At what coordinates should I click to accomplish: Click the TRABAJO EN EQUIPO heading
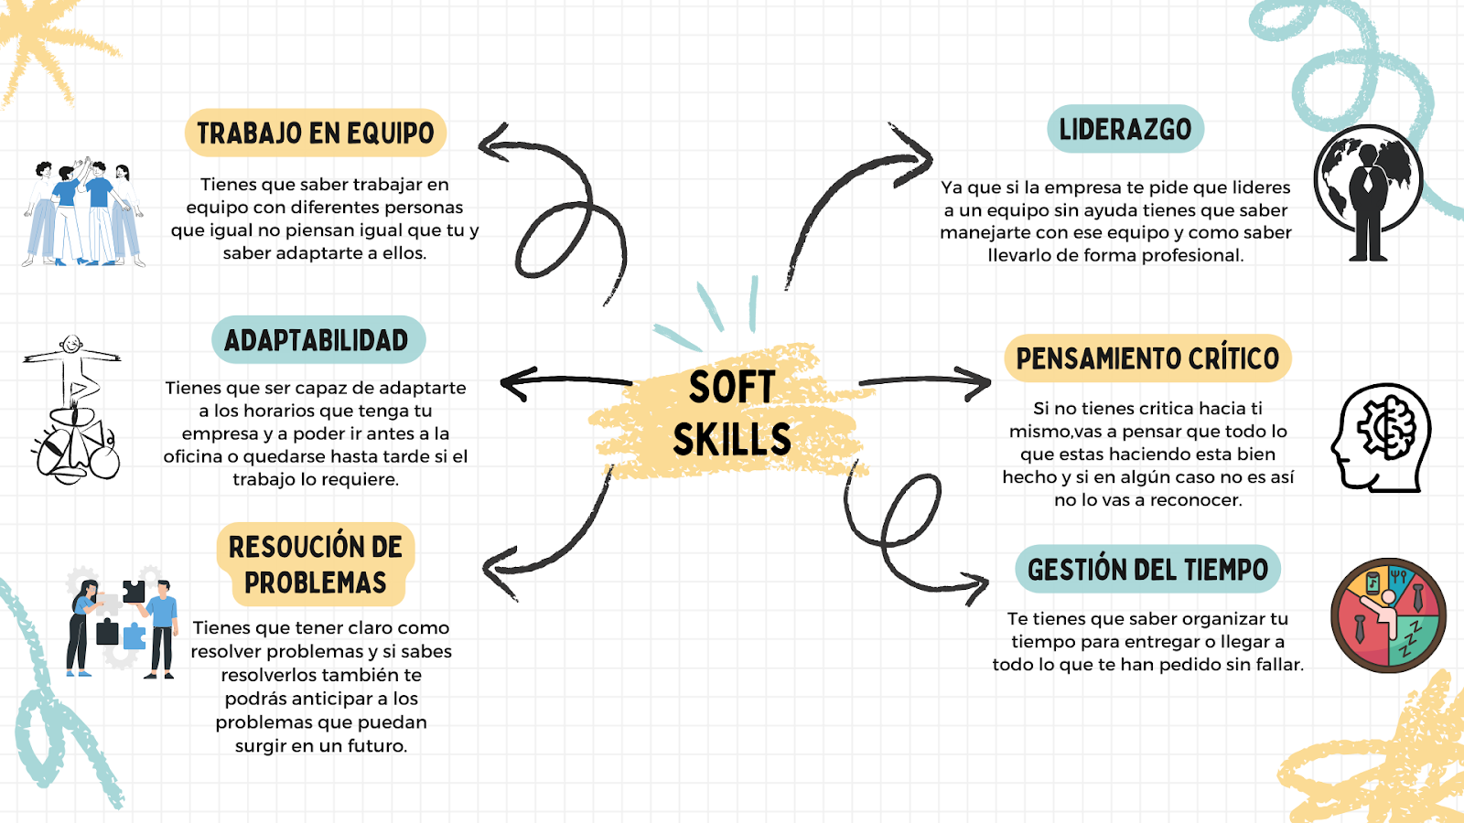pyautogui.click(x=316, y=134)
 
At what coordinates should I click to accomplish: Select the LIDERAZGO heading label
pyautogui.click(x=1125, y=129)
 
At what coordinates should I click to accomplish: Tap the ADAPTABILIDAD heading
pyautogui.click(x=317, y=340)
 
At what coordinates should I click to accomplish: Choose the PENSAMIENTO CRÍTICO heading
pyautogui.click(x=1147, y=358)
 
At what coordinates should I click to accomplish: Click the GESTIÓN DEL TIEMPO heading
pyautogui.click(x=1147, y=570)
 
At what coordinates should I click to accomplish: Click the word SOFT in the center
pyautogui.click(x=732, y=388)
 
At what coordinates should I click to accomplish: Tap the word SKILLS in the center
pyautogui.click(x=732, y=440)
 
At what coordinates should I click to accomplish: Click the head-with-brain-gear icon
pyautogui.click(x=1382, y=438)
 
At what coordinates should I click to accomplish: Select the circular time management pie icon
pyautogui.click(x=1388, y=615)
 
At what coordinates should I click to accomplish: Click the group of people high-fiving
pyautogui.click(x=84, y=212)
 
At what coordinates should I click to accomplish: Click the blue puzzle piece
pyautogui.click(x=135, y=635)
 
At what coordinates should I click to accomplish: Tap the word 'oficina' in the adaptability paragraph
pyautogui.click(x=192, y=456)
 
